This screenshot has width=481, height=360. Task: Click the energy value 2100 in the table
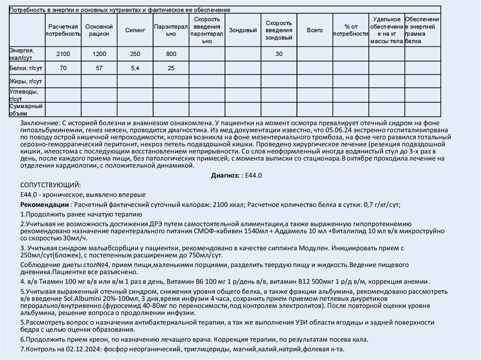(x=63, y=54)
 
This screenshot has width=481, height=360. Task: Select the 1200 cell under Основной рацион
(x=99, y=54)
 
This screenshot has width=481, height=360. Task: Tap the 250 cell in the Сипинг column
(x=135, y=54)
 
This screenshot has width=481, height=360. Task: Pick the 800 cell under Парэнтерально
(x=171, y=54)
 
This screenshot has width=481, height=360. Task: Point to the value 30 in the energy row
(x=279, y=54)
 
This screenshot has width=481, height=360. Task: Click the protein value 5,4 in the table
(x=135, y=68)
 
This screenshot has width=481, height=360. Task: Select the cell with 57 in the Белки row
(x=99, y=68)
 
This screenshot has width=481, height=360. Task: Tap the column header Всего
(x=315, y=30)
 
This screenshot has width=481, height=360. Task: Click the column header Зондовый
(x=243, y=30)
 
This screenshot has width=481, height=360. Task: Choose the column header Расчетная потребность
(x=63, y=30)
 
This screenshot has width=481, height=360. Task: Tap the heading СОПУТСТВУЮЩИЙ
(x=50, y=185)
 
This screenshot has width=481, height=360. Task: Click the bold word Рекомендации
(x=45, y=205)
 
